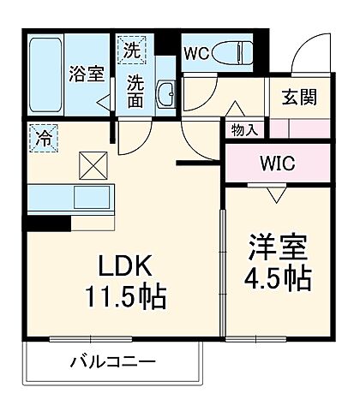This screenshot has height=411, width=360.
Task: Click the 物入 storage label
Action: [x=245, y=130]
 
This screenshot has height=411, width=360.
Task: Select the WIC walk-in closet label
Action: [x=277, y=163]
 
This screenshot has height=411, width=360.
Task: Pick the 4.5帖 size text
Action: [x=277, y=278]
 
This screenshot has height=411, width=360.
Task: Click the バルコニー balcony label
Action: [x=107, y=362]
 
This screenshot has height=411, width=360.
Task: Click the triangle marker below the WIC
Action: [x=275, y=194]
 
